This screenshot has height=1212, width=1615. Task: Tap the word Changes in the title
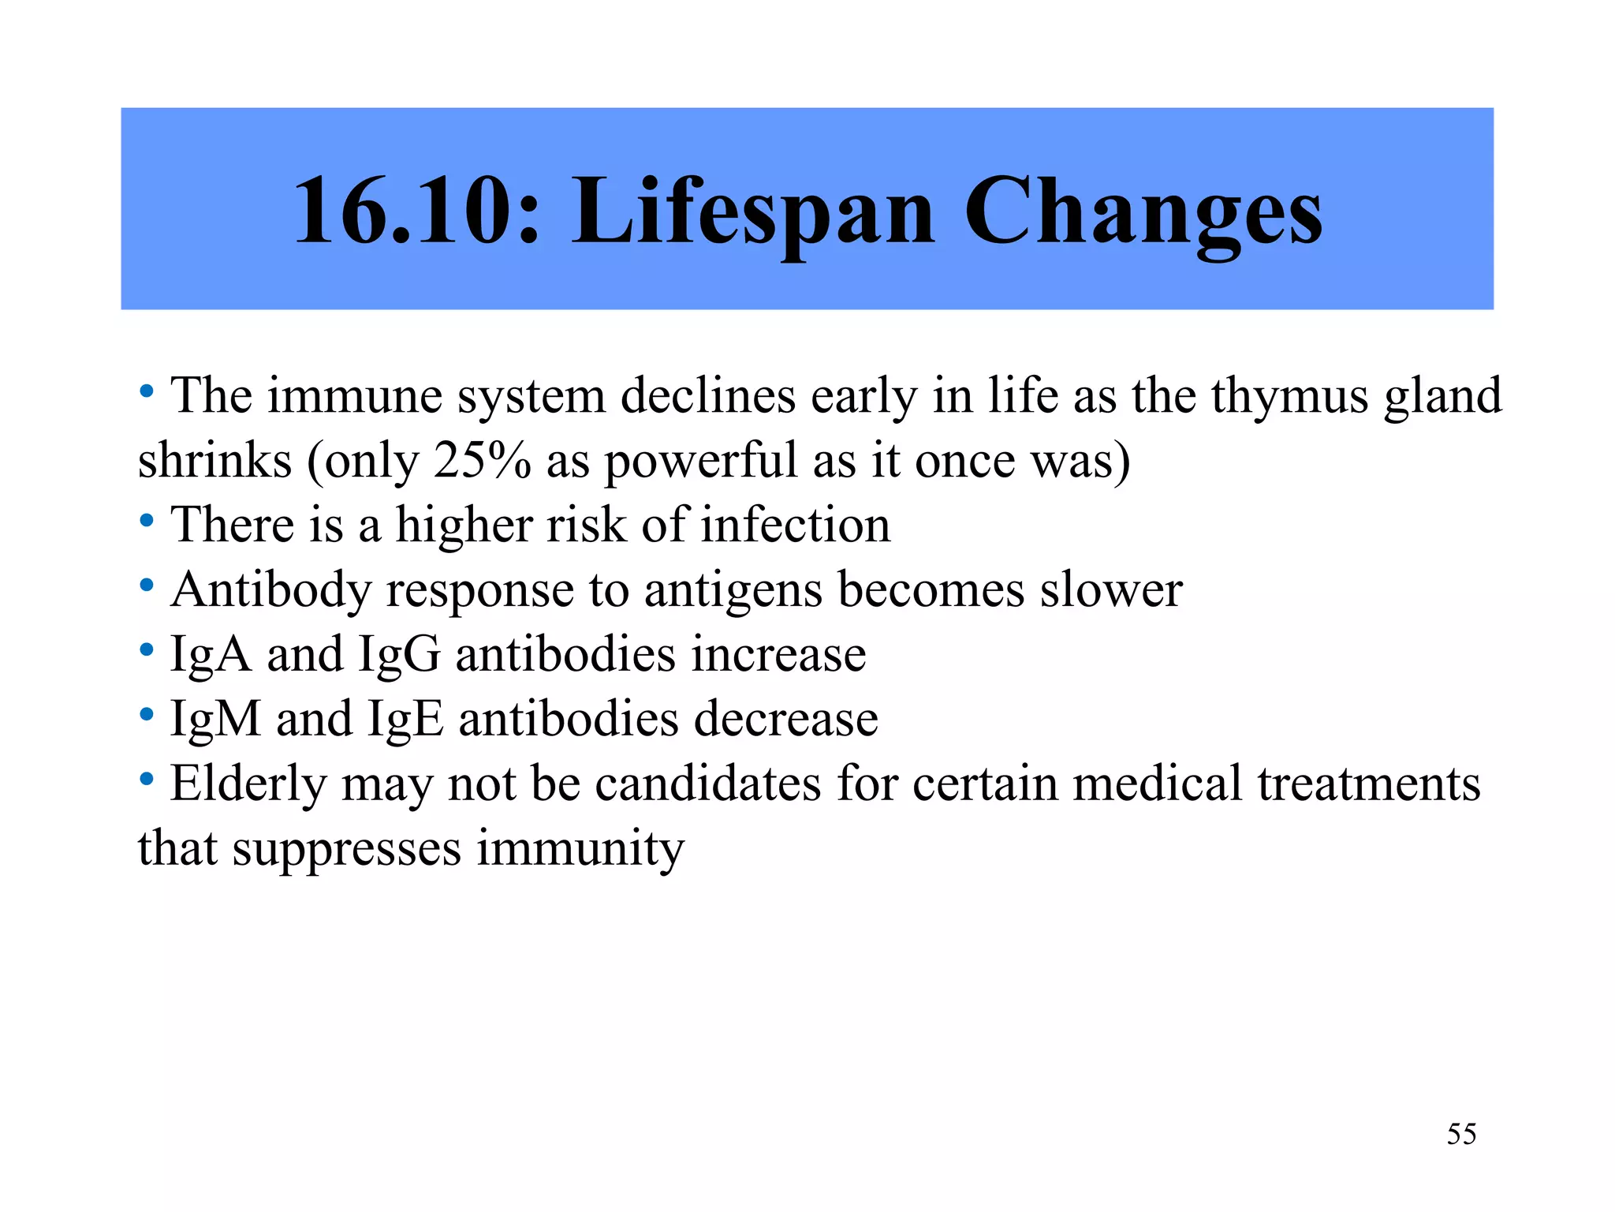tap(1143, 211)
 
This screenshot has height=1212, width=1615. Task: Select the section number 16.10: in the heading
tap(417, 211)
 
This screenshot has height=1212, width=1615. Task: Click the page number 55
tap(1461, 1134)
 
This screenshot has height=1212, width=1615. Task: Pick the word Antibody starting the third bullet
tap(270, 591)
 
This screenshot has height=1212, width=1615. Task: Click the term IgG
tap(399, 656)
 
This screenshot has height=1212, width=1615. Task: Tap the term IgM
tap(215, 720)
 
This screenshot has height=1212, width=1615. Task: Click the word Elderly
tap(248, 785)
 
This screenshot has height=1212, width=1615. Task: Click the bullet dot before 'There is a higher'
tap(147, 521)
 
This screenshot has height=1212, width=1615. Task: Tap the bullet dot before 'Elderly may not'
tap(147, 780)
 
